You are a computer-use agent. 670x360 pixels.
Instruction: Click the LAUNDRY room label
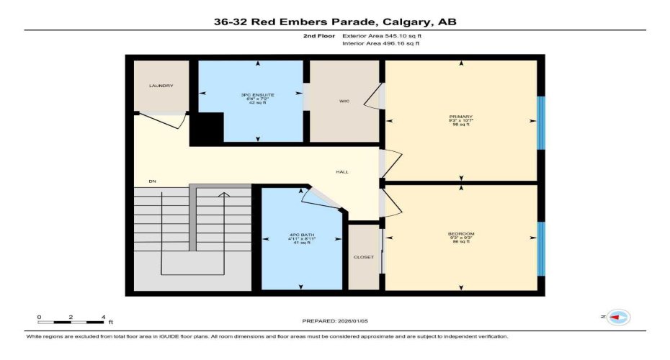click(161, 86)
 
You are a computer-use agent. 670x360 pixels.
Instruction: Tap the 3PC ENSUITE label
click(251, 94)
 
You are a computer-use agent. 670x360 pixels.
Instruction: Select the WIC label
click(344, 102)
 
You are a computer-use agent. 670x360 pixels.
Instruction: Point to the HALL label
click(343, 172)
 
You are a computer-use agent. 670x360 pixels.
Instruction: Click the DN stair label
click(153, 181)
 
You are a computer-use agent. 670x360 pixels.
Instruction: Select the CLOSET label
click(363, 257)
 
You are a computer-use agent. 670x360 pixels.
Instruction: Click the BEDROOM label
click(461, 233)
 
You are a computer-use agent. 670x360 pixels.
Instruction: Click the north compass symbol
click(617, 317)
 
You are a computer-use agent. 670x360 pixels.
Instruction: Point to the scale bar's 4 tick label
click(104, 317)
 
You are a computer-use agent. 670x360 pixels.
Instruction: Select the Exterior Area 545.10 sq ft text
click(380, 35)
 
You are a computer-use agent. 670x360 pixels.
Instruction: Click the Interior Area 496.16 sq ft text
click(380, 43)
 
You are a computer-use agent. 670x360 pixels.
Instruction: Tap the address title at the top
click(335, 22)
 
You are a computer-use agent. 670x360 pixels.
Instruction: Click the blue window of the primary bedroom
click(540, 122)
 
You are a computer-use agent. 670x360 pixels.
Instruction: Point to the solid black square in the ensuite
click(207, 129)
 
